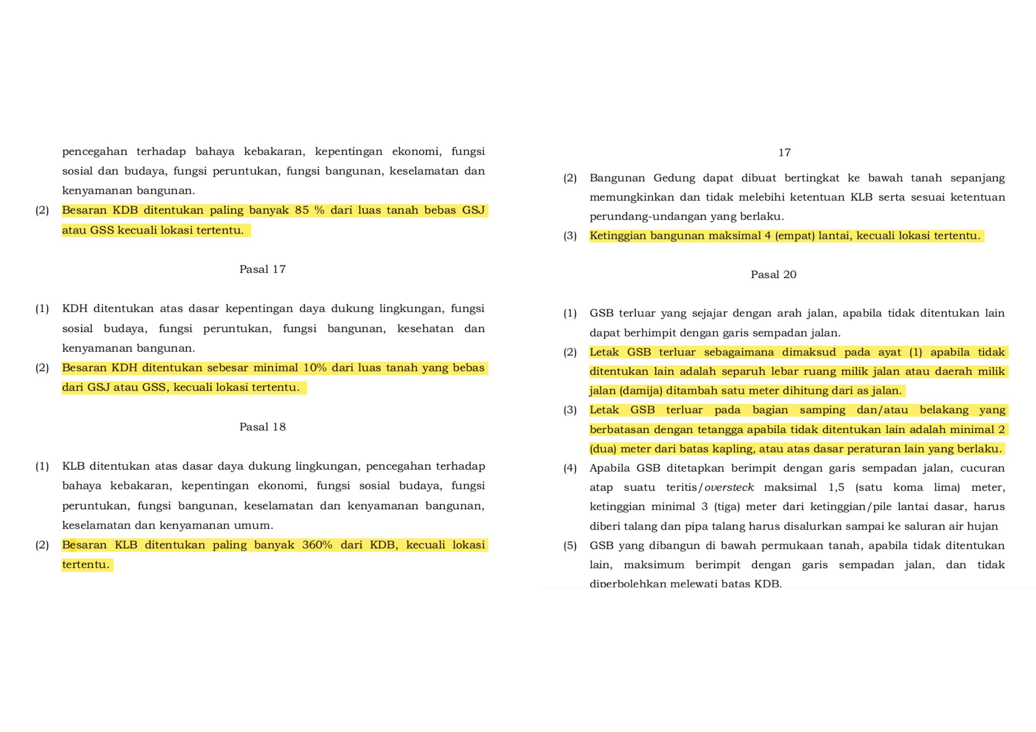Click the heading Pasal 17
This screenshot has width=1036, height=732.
[262, 269]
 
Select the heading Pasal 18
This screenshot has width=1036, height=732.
[262, 427]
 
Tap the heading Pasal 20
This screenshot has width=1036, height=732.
[773, 275]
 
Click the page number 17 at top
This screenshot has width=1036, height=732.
[784, 153]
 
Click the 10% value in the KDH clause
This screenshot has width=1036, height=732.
[315, 368]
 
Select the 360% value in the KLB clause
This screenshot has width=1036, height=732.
[317, 545]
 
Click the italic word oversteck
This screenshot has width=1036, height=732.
[729, 488]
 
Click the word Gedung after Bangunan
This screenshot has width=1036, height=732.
[674, 178]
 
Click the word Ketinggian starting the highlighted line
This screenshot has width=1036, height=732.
[617, 236]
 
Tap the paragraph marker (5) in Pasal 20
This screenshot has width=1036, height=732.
[570, 546]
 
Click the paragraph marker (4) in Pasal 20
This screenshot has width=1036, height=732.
[570, 469]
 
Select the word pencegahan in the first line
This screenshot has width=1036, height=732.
[95, 152]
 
